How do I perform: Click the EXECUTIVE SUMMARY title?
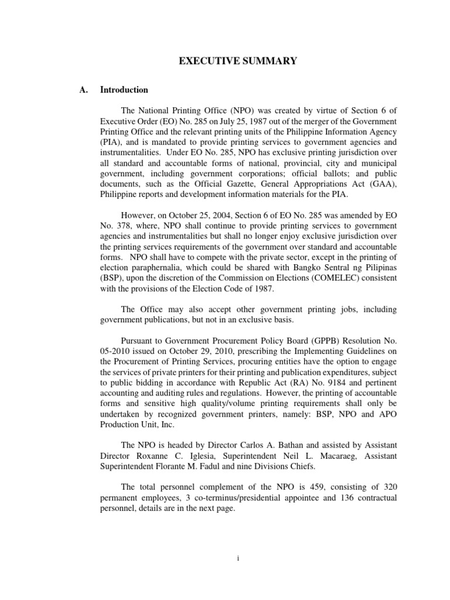tap(224, 61)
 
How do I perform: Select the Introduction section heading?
tap(124, 90)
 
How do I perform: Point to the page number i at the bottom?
tap(238, 558)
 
